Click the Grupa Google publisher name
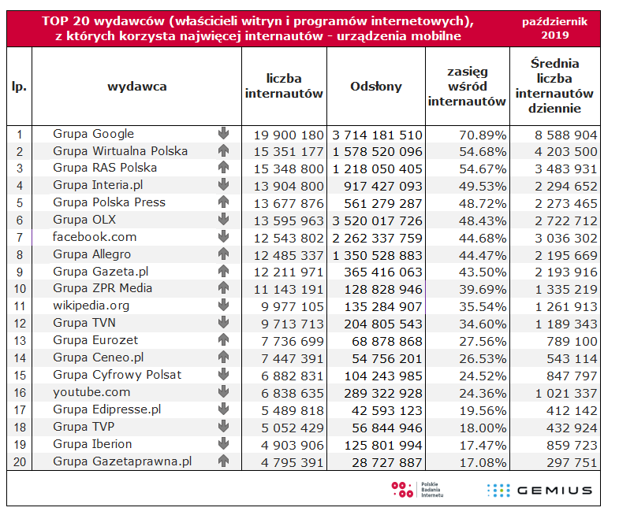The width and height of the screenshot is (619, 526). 93,134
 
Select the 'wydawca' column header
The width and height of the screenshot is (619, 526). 136,87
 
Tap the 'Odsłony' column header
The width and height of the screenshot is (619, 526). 375,87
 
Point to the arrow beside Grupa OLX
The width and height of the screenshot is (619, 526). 223,220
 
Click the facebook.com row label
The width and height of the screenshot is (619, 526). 95,237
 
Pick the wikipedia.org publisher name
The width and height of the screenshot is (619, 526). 91,306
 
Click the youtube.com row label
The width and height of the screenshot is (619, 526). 91,391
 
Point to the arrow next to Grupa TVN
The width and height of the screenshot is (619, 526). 223,323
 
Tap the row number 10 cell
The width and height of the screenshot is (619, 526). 19,288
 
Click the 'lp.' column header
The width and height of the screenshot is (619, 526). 19,87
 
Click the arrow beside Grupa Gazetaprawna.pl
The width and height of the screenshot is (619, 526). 223,461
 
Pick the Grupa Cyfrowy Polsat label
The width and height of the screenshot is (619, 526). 117,374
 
